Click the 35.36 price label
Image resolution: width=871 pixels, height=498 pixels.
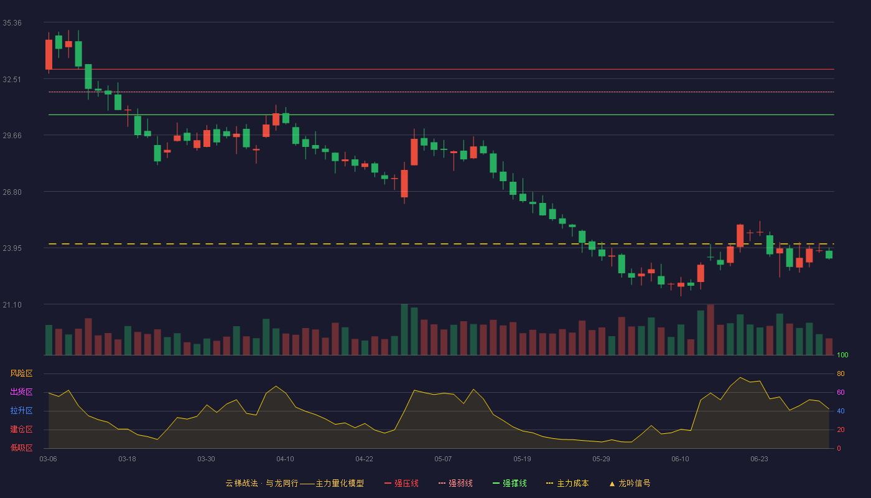point(12,23)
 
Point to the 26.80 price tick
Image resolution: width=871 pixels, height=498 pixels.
point(12,192)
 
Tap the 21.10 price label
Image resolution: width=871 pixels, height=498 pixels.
point(12,305)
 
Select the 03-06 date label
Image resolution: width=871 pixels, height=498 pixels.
point(49,459)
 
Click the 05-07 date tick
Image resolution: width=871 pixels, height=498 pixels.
point(443,459)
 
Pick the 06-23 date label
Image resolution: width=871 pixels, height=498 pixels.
point(760,459)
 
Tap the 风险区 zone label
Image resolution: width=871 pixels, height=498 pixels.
point(21,374)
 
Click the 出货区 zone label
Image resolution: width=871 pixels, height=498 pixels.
point(21,392)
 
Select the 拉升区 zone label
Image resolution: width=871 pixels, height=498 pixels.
point(21,410)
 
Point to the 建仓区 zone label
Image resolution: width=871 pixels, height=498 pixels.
point(21,429)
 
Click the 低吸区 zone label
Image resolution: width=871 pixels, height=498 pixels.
point(21,448)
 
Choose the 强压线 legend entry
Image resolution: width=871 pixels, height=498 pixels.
point(401,483)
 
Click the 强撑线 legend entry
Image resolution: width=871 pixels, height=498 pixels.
point(510,483)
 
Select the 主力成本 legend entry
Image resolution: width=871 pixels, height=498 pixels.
point(567,483)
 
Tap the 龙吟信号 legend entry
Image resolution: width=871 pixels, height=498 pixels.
point(630,483)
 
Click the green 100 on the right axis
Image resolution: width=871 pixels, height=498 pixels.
point(842,355)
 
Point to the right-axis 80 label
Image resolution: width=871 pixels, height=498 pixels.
point(841,374)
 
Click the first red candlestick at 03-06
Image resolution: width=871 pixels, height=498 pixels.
point(49,55)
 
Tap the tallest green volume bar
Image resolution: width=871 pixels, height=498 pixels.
point(404,329)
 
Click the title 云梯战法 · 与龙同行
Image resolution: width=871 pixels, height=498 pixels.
point(262,483)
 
